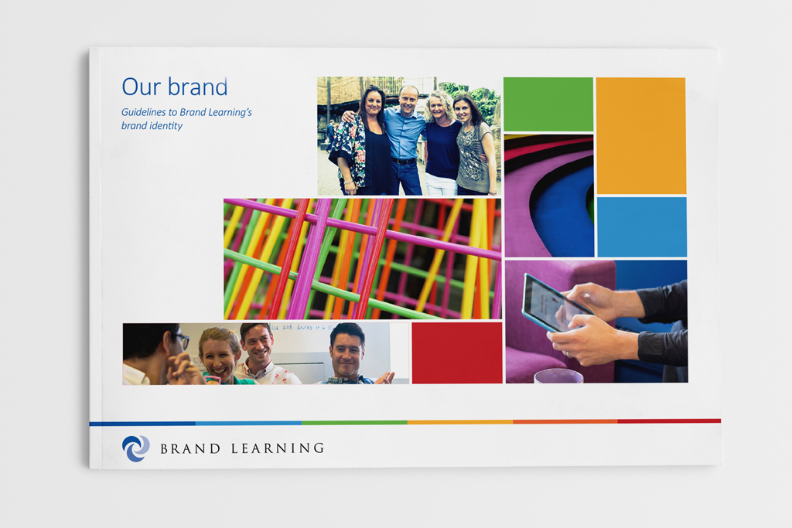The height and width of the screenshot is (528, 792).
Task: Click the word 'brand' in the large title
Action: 198,87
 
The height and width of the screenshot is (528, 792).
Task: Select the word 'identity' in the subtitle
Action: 166,126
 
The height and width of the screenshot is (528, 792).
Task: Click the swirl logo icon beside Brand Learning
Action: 136,448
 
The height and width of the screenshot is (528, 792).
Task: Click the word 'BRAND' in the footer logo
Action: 190,448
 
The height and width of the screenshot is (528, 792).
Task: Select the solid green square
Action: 548,104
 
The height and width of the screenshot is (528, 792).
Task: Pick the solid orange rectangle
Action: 641,135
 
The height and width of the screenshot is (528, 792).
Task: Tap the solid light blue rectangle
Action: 642,227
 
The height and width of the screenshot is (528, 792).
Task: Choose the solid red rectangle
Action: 457,353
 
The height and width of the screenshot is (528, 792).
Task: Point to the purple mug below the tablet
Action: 558,376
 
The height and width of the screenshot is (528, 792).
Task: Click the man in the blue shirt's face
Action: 408,101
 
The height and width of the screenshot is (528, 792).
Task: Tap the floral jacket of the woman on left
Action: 350,149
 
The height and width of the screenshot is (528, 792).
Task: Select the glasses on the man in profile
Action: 183,340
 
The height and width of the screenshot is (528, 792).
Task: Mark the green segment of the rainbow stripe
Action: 354,423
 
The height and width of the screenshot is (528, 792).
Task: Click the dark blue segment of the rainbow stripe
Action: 142,424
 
